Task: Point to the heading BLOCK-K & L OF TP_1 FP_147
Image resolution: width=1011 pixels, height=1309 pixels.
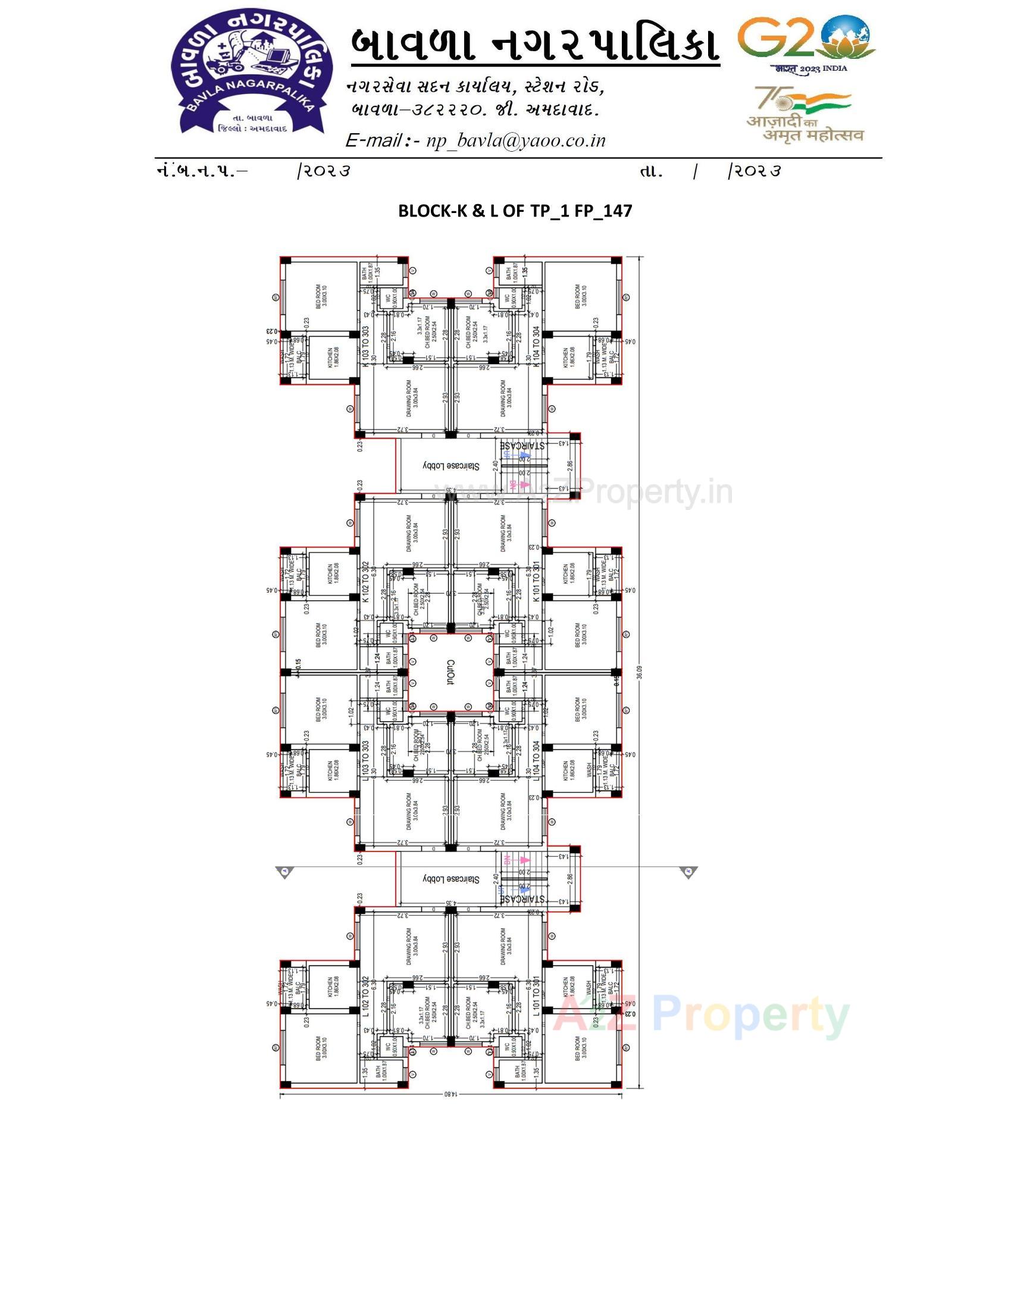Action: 515,211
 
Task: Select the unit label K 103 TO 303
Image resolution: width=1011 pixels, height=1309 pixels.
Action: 365,343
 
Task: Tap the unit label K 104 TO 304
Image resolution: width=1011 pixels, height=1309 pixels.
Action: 536,343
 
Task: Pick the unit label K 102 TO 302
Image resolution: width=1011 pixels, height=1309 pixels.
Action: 365,581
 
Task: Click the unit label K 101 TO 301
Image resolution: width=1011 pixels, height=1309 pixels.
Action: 536,581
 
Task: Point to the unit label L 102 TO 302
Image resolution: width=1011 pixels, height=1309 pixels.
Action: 365,996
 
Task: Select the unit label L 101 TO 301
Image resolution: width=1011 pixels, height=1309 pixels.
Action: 536,996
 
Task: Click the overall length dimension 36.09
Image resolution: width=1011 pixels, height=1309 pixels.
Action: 640,672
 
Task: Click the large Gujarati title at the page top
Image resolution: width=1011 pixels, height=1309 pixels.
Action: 534,43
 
